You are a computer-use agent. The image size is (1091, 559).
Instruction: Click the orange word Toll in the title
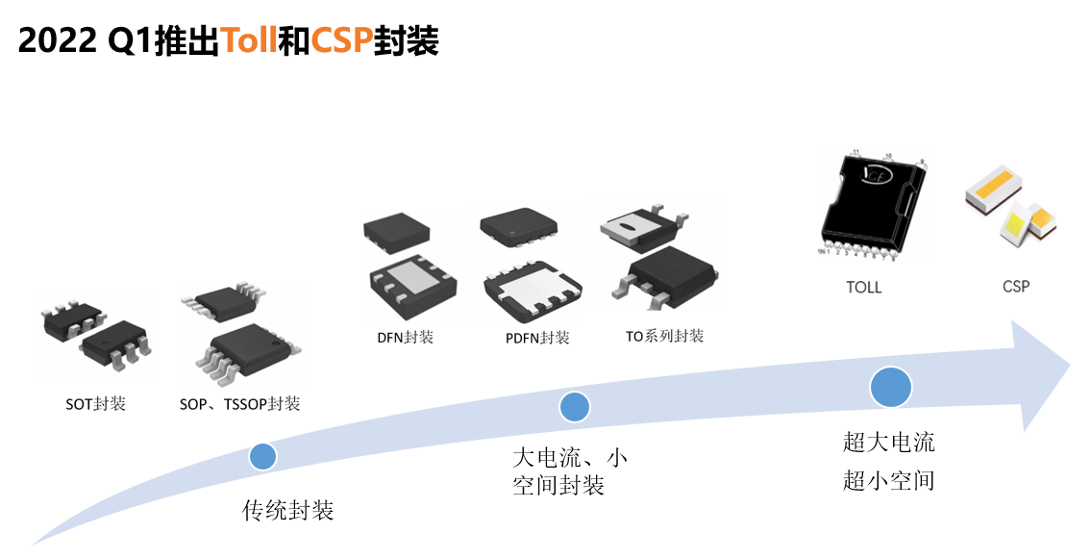[x=248, y=40]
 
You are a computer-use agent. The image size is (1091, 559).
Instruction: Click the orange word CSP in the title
[x=341, y=40]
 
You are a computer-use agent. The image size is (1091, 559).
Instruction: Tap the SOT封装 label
[x=95, y=404]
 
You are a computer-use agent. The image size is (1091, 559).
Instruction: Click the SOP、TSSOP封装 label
[x=239, y=404]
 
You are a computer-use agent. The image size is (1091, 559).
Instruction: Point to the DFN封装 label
[x=405, y=338]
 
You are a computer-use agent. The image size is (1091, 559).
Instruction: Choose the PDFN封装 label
[x=536, y=338]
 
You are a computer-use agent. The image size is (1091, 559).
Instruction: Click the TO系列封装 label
[x=664, y=336]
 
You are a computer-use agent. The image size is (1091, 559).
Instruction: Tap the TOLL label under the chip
[x=863, y=287]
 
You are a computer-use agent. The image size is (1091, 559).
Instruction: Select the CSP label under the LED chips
[x=1015, y=287]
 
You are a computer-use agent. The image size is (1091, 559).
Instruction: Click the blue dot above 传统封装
[x=262, y=456]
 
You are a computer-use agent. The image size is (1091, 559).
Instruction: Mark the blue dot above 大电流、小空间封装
[x=574, y=407]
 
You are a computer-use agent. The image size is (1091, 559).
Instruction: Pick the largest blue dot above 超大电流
[x=890, y=386]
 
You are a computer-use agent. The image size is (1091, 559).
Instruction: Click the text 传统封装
[x=287, y=511]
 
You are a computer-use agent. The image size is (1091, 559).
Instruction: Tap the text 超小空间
[x=888, y=480]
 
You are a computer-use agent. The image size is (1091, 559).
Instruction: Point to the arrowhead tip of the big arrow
[x=1068, y=366]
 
